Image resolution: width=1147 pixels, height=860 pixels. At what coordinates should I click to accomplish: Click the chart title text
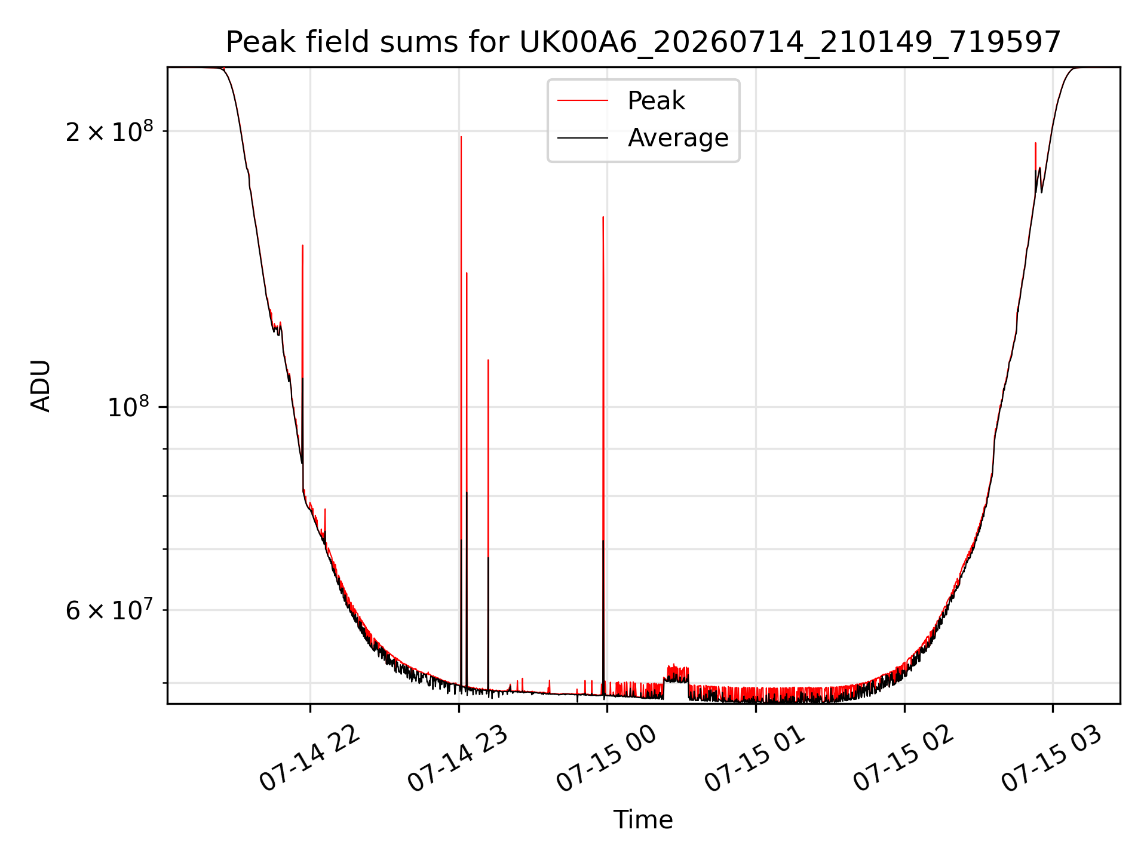643,42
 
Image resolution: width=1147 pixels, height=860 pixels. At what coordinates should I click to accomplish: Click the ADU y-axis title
41,385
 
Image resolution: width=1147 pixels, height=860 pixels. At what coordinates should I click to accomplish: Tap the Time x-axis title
643,820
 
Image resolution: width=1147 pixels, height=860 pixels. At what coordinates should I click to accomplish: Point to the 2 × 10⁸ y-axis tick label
109,131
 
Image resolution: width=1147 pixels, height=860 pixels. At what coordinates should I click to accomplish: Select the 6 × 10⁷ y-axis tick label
109,610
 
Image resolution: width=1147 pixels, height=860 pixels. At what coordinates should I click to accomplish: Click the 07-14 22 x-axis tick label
310,758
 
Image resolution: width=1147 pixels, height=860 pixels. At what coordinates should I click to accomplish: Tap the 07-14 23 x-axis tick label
458,758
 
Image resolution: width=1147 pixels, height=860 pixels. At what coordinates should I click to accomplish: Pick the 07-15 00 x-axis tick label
607,758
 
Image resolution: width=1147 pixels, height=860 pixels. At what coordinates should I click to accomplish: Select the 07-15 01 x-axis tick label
756,758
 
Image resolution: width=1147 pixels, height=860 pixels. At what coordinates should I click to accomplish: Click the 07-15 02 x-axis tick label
904,758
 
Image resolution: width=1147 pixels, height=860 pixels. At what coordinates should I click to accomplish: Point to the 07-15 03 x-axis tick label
1053,758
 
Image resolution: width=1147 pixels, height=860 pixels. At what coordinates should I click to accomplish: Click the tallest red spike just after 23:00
461,137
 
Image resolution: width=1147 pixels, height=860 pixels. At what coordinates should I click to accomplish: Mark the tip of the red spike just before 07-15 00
603,217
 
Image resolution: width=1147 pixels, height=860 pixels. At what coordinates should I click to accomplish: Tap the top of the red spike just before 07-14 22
303,245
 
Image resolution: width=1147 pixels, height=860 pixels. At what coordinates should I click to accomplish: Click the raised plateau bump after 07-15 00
676,673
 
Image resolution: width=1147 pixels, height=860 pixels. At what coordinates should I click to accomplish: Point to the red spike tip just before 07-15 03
1035,143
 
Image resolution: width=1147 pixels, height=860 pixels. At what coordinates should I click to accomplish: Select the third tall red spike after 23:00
488,360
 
